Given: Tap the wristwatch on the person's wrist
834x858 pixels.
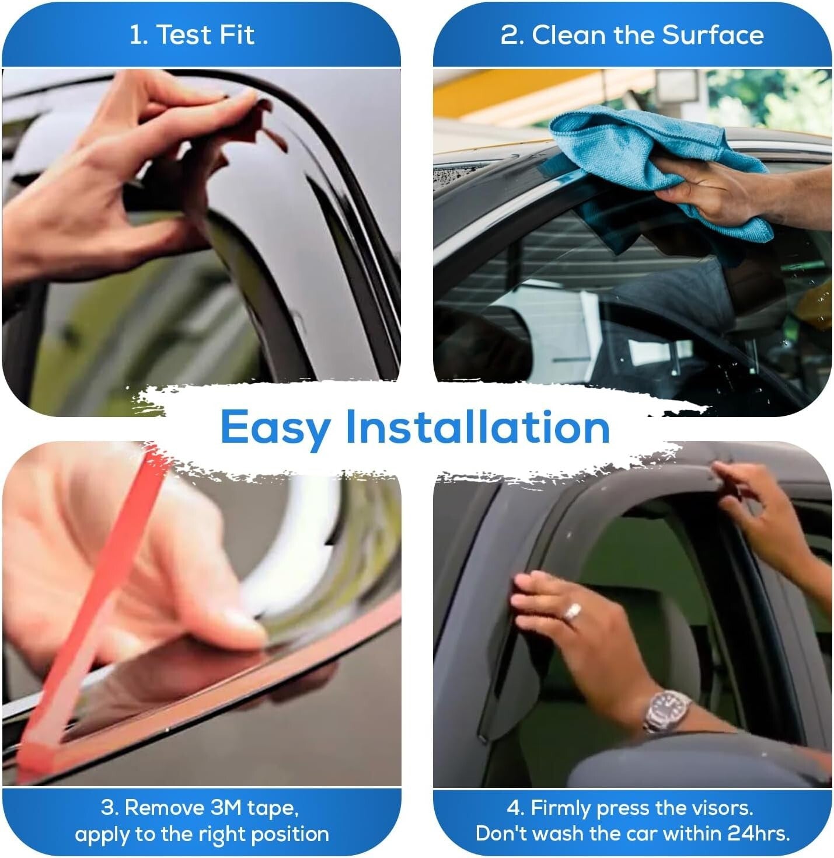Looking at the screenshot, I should click(x=666, y=710).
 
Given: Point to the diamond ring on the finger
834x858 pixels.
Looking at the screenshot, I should click(x=571, y=612).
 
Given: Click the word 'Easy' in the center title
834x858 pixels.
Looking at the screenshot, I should click(x=275, y=428).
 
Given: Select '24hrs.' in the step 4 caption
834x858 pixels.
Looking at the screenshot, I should click(x=759, y=833).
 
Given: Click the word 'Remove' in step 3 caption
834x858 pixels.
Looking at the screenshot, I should click(x=164, y=808).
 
